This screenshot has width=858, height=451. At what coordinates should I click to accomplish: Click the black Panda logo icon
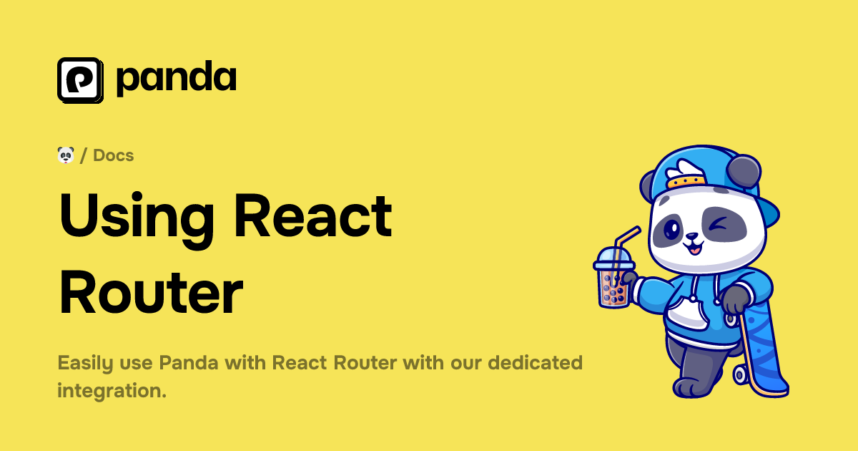click(80, 80)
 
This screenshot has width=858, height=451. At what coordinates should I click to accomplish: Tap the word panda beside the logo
click(176, 79)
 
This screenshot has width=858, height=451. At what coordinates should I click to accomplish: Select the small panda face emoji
click(66, 155)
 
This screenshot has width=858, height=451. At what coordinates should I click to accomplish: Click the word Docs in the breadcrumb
click(113, 155)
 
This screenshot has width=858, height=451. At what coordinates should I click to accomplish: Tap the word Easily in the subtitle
click(84, 363)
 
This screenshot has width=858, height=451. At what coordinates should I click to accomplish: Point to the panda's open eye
click(673, 230)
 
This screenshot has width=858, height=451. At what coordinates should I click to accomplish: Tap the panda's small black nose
click(691, 238)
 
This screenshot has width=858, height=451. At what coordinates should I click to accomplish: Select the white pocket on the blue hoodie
click(688, 311)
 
